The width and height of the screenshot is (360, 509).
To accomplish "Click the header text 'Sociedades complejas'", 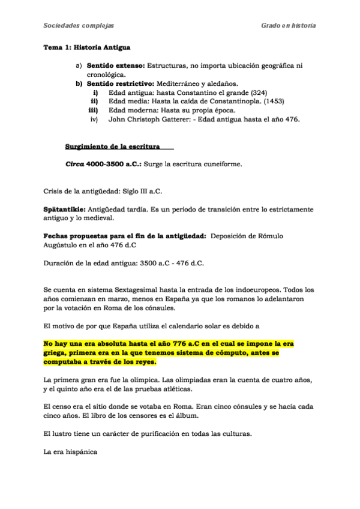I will (79, 26).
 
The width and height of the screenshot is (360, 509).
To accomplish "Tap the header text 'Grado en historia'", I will (289, 26).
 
